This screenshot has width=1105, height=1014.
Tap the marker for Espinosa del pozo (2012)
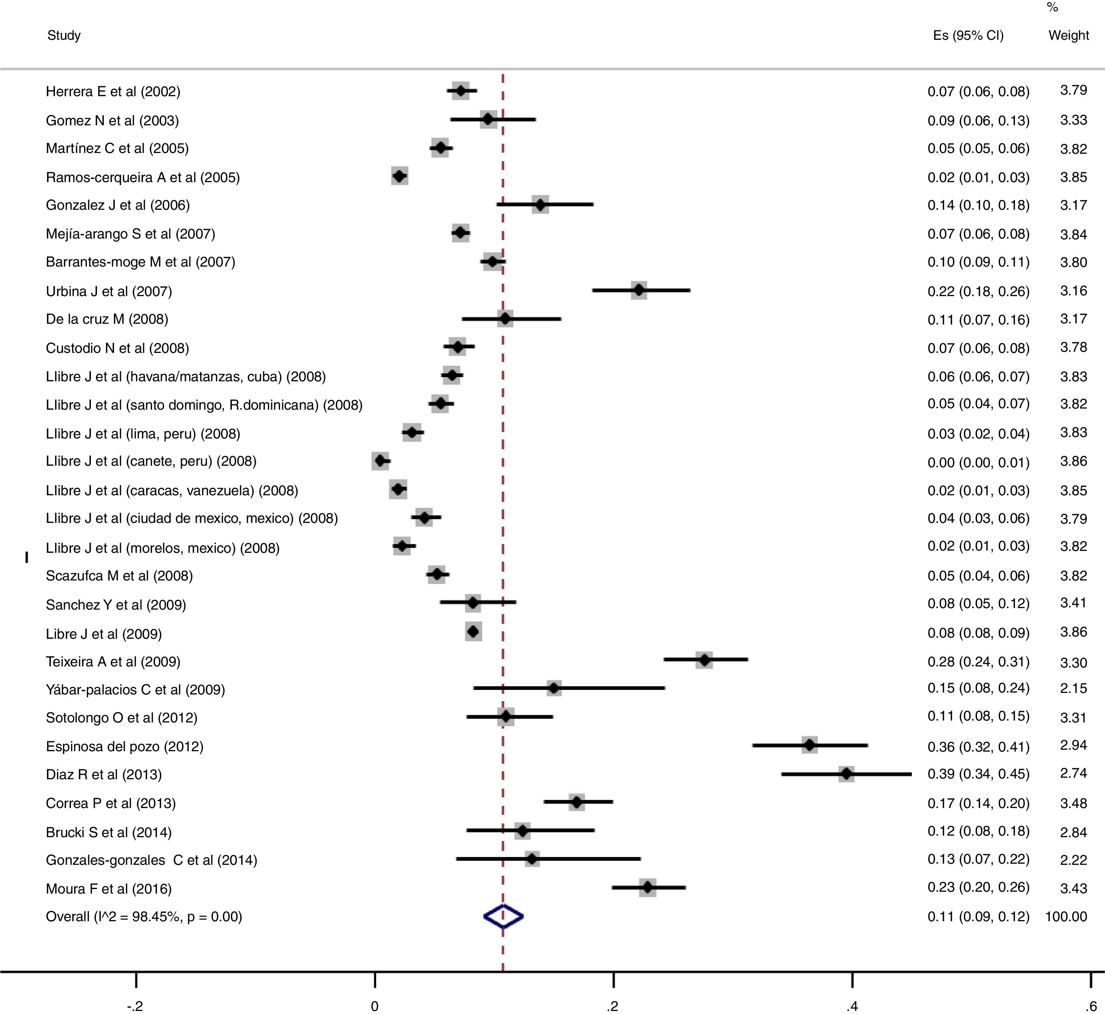810,745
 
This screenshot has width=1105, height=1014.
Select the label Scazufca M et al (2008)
119,576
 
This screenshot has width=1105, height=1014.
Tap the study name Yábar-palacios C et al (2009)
135,690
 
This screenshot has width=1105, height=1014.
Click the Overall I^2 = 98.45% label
144,916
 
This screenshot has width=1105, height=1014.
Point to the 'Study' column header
64,36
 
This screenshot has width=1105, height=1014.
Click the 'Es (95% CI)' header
968,36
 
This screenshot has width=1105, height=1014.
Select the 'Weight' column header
1068,36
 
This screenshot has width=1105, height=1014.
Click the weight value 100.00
1066,916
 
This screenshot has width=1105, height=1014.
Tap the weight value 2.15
1073,688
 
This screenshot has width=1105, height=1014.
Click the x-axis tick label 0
374,1006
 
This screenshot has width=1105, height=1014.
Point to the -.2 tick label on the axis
135,1006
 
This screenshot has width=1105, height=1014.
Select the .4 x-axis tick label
852,1006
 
